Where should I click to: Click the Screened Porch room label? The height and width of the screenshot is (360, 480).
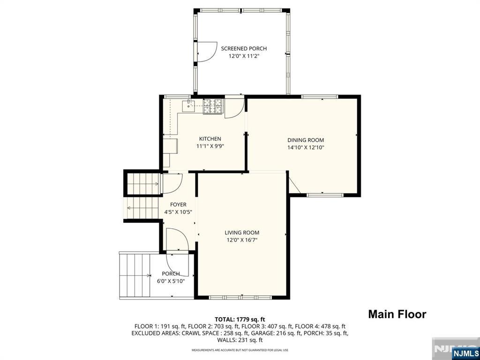pos(244,48)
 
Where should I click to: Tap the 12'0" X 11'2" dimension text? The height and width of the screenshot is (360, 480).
pos(244,56)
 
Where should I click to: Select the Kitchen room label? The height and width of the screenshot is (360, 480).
pos(210,139)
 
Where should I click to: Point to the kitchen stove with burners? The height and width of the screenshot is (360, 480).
pos(212,106)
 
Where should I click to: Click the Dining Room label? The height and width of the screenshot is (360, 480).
pos(306,140)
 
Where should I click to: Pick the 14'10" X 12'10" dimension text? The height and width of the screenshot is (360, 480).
pos(306,148)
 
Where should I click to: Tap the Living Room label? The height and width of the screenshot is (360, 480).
pos(241,232)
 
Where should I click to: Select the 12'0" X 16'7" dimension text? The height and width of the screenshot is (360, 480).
pos(241,240)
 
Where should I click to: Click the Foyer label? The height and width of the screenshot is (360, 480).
pos(178,204)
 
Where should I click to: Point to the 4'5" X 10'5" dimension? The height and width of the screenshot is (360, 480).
pos(178,212)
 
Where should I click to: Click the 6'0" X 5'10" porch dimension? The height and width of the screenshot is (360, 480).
pos(171,281)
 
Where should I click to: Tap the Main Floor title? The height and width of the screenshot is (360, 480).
pos(397,314)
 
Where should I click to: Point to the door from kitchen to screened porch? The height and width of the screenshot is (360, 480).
pos(234,107)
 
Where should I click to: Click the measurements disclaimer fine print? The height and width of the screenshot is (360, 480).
pos(240,350)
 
